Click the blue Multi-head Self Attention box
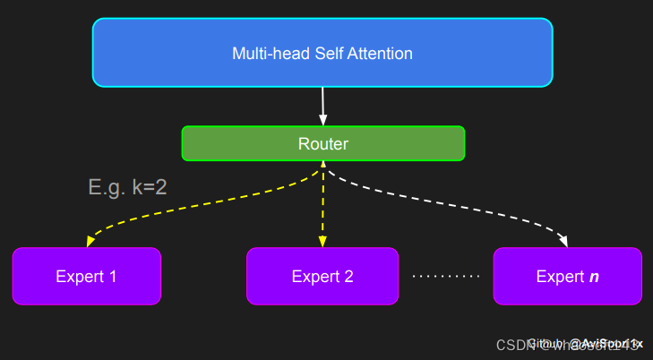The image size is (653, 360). click(x=322, y=53)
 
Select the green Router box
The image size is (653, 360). click(x=322, y=143)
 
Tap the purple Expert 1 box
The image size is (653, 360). click(x=87, y=276)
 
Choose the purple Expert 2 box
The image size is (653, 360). click(x=322, y=276)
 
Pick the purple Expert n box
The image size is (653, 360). click(x=568, y=276)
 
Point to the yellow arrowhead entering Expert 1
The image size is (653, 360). click(x=90, y=241)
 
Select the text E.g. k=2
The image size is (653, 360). click(x=127, y=187)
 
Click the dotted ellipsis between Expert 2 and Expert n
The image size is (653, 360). click(x=446, y=277)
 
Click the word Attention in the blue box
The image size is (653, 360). click(x=380, y=54)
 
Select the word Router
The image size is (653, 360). click(x=322, y=143)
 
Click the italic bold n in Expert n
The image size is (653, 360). click(x=594, y=277)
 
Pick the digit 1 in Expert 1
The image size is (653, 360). click(x=113, y=277)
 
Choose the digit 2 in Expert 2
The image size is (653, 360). click(x=348, y=277)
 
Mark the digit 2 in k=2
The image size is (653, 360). click(x=160, y=187)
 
